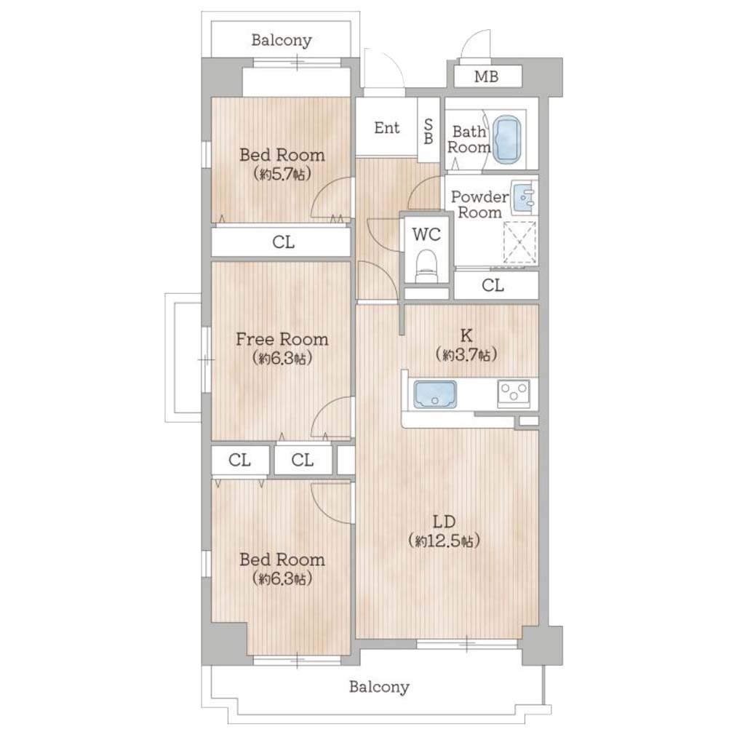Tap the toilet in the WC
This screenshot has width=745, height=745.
click(426, 267)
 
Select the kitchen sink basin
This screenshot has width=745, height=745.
click(435, 394)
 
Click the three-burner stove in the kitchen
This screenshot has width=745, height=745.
click(514, 394)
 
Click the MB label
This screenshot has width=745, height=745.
click(486, 76)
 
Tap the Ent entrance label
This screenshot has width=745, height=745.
click(387, 127)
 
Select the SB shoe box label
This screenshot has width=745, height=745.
click(428, 131)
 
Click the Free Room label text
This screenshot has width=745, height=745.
click(282, 339)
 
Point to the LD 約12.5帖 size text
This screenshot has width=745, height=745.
click(445, 541)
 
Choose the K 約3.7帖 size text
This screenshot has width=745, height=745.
click(466, 354)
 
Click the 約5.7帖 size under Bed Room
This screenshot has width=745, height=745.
click(282, 175)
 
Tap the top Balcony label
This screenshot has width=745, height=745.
click(282, 40)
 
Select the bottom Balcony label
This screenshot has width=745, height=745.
click(378, 687)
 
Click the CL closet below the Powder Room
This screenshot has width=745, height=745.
click(496, 285)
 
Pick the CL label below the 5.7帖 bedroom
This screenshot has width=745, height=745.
click(283, 242)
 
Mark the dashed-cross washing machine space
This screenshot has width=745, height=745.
click(519, 242)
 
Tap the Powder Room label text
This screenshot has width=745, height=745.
click(479, 204)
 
